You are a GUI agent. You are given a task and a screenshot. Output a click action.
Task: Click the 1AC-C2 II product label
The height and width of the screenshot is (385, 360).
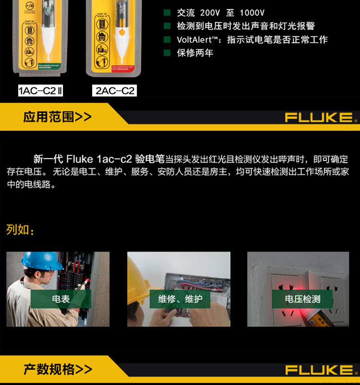(x=41, y=90)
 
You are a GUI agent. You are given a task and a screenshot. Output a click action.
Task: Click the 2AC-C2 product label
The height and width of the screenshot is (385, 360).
(x=115, y=90)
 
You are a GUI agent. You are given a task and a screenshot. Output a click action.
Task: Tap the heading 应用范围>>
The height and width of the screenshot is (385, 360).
(x=57, y=117)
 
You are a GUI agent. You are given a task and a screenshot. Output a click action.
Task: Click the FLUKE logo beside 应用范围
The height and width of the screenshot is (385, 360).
(x=319, y=118)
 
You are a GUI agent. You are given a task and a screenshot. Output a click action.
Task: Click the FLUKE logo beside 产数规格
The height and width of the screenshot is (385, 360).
(x=319, y=370)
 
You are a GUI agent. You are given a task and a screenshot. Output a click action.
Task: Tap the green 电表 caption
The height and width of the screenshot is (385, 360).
(x=61, y=299)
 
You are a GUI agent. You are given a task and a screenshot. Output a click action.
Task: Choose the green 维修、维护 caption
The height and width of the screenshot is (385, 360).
(x=180, y=299)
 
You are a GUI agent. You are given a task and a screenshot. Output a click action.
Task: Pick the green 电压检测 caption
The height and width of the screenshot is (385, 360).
(x=302, y=299)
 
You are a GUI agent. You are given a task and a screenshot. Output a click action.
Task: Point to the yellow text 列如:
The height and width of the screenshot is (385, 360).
(x=20, y=230)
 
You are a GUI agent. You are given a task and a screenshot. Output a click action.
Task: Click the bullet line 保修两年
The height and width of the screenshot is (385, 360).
(x=195, y=53)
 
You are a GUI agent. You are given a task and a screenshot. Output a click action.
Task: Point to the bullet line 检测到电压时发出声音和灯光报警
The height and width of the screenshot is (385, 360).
(x=246, y=26)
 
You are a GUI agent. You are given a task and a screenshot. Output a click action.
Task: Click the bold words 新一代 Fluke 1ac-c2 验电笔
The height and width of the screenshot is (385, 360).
(x=99, y=159)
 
